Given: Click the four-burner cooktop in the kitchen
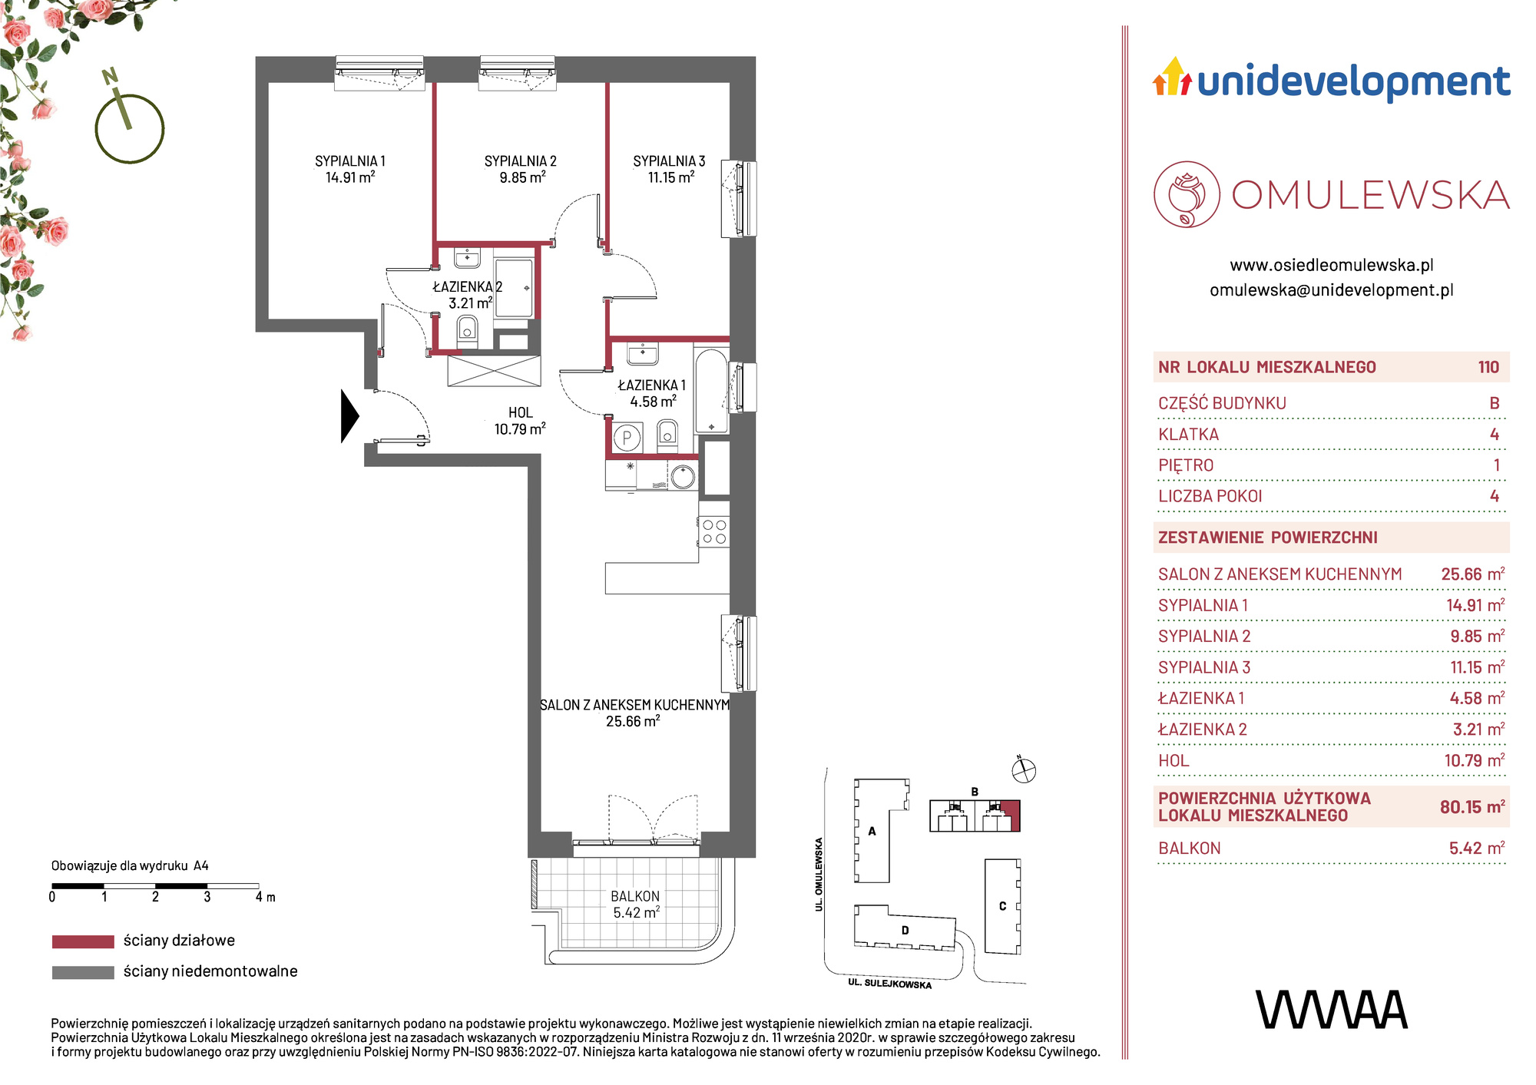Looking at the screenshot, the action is point(714,531).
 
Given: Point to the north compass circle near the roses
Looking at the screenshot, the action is point(130,128).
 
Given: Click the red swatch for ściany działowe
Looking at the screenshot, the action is point(83,941).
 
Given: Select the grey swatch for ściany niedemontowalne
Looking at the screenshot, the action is point(83,972).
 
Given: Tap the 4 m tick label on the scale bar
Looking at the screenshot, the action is point(265,897).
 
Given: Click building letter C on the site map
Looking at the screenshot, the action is point(1002,906).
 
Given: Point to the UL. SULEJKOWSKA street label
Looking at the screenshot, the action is point(890,984).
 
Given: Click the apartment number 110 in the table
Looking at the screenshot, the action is point(1488,367).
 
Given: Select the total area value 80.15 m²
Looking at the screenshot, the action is point(1472,807).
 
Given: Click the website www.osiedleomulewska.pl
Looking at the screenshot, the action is point(1332,265).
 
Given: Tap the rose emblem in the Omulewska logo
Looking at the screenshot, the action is point(1187,194).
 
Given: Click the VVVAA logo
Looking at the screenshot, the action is point(1332,1009).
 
